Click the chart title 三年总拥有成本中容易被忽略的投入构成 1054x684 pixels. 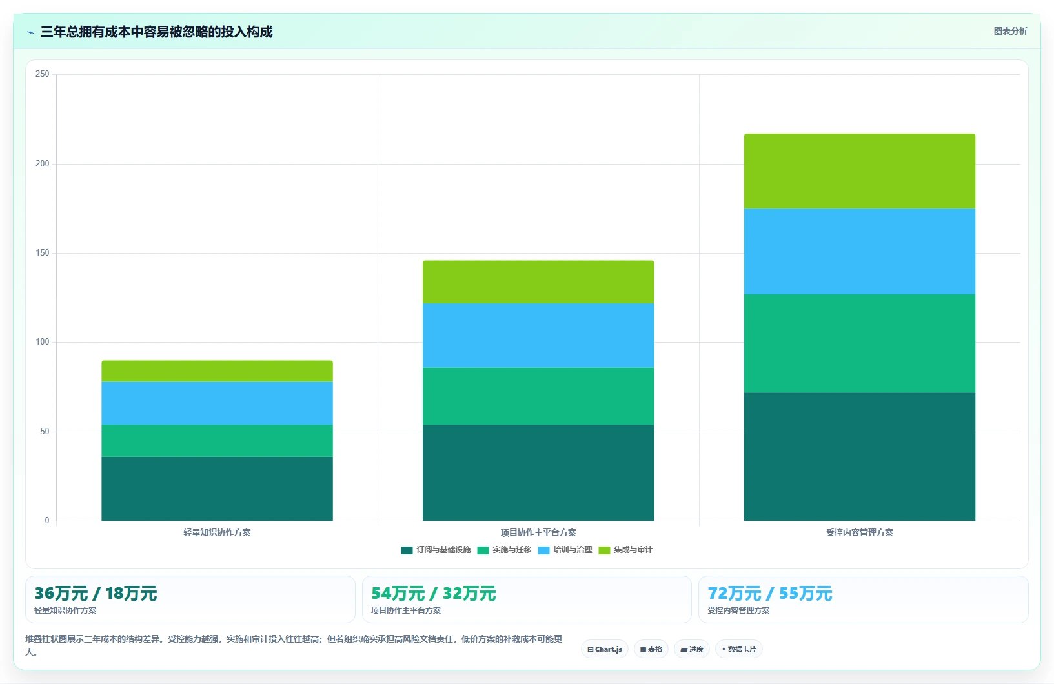pyautogui.click(x=156, y=32)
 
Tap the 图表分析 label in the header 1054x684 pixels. pyautogui.click(x=1010, y=31)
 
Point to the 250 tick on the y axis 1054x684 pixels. pyautogui.click(x=43, y=74)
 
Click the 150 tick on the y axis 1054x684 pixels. pyautogui.click(x=43, y=252)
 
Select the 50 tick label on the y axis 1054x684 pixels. pyautogui.click(x=45, y=432)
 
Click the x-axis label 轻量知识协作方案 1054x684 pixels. pyautogui.click(x=217, y=532)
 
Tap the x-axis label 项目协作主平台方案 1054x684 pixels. pyautogui.click(x=538, y=532)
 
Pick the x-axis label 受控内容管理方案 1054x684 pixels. pyautogui.click(x=860, y=532)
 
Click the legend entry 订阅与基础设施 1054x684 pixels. pyautogui.click(x=436, y=550)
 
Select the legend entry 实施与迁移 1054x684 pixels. pyautogui.click(x=505, y=550)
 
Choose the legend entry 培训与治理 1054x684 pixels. pyautogui.click(x=565, y=550)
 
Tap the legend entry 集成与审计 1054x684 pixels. pyautogui.click(x=625, y=550)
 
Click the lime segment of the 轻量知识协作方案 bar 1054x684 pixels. pyautogui.click(x=217, y=371)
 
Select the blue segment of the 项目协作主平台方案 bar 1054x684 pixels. pyautogui.click(x=538, y=336)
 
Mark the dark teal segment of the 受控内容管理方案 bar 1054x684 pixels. pyautogui.click(x=860, y=457)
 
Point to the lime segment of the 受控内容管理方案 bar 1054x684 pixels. pyautogui.click(x=860, y=171)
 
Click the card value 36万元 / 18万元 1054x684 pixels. pyautogui.click(x=96, y=594)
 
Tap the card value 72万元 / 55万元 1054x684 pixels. pyautogui.click(x=770, y=594)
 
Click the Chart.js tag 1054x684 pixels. pyautogui.click(x=605, y=649)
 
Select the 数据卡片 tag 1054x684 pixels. pyautogui.click(x=739, y=649)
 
